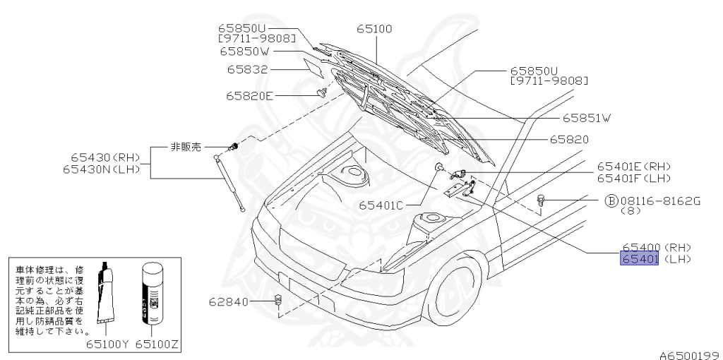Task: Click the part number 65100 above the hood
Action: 374,29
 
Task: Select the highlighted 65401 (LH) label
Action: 640,260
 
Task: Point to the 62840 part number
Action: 229,302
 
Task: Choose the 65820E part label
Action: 249,95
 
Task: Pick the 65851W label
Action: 586,117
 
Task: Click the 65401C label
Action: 380,205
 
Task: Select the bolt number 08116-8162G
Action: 660,200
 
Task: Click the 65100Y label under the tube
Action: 107,345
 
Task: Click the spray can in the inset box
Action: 153,297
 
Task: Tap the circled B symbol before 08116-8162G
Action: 611,200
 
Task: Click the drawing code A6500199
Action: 689,354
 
